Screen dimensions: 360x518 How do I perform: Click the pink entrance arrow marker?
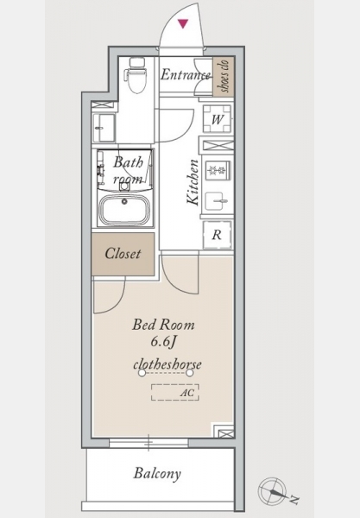point(183,23)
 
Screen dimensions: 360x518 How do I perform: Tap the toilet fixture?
point(137,75)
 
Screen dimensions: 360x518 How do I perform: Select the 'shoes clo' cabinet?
point(224,76)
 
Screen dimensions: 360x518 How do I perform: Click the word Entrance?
point(186,74)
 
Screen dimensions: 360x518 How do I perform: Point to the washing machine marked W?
point(217,118)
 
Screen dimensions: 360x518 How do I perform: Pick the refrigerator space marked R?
point(217,235)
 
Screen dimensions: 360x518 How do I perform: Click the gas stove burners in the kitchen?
point(217,170)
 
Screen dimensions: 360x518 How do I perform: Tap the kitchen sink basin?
point(217,201)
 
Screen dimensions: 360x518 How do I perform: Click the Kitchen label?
point(193,182)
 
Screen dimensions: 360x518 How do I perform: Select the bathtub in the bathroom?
point(124,210)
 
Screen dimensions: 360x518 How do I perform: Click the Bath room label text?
point(129,170)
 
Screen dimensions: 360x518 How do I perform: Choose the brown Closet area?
point(123,254)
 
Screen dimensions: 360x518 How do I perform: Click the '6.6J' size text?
point(163,342)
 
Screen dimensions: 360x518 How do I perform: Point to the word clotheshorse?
point(167,364)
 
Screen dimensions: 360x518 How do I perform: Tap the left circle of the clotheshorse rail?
point(142,373)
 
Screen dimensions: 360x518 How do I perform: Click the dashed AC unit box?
point(175,392)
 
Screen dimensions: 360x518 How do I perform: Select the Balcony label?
point(157,473)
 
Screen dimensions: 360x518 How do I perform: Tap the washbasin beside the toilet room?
point(104,128)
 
